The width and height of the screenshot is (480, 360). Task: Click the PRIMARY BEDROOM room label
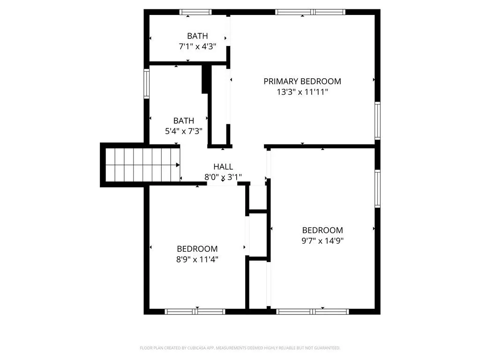coord(302,82)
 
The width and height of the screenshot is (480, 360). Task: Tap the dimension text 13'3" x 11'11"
coord(302,92)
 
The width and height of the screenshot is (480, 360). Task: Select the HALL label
coord(223,167)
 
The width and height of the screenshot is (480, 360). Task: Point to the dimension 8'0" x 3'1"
coord(223,177)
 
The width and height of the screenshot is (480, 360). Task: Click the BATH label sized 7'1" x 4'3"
coord(197,36)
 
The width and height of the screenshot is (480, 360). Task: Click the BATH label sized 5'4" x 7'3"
coord(184,120)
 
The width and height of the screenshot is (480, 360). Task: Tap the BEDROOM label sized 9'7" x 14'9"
coord(322,230)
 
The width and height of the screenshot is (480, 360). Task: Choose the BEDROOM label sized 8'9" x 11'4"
coord(197,249)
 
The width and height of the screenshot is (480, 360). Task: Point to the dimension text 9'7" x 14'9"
coord(322,240)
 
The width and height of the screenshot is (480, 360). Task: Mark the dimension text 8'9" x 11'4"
coord(197,259)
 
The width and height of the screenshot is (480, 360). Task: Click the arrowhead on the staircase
coord(178,165)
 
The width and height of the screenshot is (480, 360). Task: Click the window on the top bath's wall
coord(195,12)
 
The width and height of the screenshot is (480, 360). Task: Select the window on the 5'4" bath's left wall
coord(147,83)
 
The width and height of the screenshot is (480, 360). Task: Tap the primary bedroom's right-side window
coord(378,121)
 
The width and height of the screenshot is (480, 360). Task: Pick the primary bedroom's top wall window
coord(310,12)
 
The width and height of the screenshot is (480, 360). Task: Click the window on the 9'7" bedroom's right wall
coord(378,188)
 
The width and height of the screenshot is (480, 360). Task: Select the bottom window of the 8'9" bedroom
coord(195,312)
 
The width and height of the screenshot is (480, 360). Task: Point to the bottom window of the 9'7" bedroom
coord(313,312)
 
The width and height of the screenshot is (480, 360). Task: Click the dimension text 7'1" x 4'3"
coord(197,46)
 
